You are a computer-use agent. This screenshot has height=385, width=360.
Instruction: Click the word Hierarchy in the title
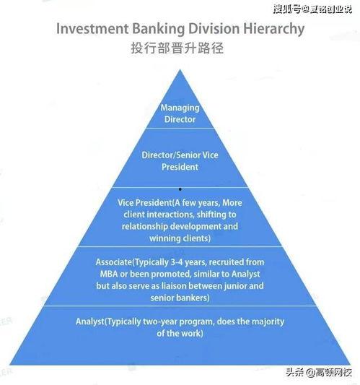[273, 29]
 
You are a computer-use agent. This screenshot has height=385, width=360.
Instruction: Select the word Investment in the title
[92, 28]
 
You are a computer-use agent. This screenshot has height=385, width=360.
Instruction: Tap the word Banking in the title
[159, 29]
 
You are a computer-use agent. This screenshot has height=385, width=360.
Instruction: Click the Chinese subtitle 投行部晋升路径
[177, 48]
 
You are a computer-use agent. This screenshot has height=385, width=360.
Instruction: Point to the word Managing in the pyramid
[180, 108]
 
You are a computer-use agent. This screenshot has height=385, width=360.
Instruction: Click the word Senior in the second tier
[188, 155]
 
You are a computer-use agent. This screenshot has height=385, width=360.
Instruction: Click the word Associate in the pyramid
[114, 262]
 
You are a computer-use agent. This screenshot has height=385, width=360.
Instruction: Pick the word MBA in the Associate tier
[109, 274]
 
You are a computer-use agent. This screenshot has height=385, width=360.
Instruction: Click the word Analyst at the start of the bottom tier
[90, 321]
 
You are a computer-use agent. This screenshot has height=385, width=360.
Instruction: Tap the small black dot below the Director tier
[180, 189]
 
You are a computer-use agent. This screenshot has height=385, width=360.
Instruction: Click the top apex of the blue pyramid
[180, 69]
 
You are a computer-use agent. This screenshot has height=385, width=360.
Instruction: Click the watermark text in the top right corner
[312, 9]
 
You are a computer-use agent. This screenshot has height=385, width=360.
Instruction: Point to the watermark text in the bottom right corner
[319, 373]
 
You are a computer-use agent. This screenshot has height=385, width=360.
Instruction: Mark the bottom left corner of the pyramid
[10, 364]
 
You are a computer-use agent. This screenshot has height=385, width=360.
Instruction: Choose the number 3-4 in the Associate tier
[177, 262]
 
